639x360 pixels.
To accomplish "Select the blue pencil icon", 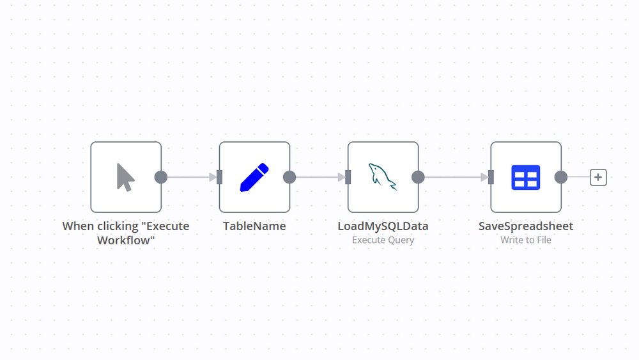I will click(254, 177).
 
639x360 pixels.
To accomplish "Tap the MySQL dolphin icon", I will click(383, 177).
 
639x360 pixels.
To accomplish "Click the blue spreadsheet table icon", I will click(526, 177).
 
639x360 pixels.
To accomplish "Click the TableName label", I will click(254, 226).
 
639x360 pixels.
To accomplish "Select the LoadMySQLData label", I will click(383, 226).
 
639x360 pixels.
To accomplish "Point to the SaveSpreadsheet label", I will click(526, 226).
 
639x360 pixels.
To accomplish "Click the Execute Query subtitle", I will click(383, 240).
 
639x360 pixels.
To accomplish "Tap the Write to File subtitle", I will click(526, 240).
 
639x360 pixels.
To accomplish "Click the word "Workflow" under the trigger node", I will click(126, 240).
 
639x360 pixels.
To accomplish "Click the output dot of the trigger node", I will click(161, 177).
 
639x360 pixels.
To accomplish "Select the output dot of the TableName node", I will click(289, 177).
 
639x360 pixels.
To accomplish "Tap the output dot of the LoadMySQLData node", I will click(419, 177).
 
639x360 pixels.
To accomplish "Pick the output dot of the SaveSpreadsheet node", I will click(561, 177).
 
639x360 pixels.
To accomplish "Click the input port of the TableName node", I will click(219, 177).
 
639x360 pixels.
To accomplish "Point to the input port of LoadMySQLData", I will click(348, 177).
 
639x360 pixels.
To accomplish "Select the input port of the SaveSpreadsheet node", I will click(491, 177).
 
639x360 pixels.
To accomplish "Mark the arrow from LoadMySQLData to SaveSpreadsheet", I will click(454, 177).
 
